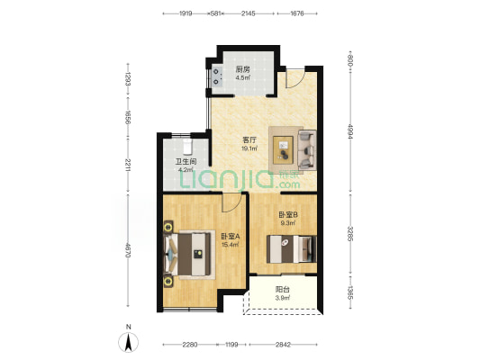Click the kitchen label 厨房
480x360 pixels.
(242, 69)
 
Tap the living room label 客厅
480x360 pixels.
(249, 140)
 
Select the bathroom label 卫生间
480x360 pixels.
(186, 161)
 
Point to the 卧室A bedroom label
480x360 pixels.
(231, 237)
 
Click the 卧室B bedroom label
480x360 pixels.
(288, 215)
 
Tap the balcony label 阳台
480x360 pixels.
(282, 289)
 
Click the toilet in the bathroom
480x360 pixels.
(187, 147)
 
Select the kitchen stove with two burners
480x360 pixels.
(217, 76)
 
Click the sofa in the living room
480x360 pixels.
(307, 150)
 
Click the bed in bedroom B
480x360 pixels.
(291, 249)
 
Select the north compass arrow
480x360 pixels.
(129, 342)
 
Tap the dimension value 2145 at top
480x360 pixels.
(248, 13)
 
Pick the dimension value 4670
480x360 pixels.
(128, 250)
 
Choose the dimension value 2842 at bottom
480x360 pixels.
(283, 345)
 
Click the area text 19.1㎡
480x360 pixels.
(249, 148)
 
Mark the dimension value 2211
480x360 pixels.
(128, 165)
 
